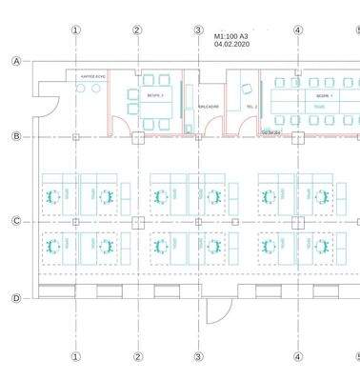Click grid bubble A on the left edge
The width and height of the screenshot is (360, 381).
(x=16, y=62)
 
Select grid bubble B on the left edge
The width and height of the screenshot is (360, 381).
(x=16, y=136)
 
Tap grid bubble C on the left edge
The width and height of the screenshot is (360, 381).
(x=16, y=221)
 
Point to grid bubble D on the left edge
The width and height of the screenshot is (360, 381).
(x=16, y=298)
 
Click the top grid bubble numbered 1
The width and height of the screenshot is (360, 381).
(x=76, y=30)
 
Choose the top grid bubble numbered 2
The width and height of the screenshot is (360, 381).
(x=137, y=30)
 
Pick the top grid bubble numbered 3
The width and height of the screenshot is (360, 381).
(x=198, y=30)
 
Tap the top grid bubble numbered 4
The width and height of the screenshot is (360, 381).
(x=298, y=30)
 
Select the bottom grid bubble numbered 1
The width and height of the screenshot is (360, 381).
(x=76, y=357)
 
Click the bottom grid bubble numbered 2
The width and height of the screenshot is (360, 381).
(x=137, y=357)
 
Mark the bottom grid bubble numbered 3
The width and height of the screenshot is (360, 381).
(x=198, y=357)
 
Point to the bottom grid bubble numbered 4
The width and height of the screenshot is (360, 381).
(x=298, y=357)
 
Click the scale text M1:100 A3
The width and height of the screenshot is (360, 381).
(x=236, y=35)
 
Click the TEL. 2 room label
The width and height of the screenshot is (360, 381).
(x=251, y=107)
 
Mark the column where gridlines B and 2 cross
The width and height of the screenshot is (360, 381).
(x=137, y=137)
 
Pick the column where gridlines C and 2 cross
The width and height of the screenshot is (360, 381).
(x=137, y=222)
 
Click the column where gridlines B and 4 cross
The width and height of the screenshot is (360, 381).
(x=298, y=137)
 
